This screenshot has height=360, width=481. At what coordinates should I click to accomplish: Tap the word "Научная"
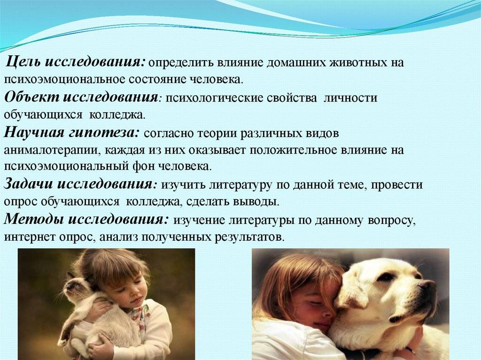pos(34,133)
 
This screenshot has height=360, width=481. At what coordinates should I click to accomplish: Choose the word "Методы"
pos(34,219)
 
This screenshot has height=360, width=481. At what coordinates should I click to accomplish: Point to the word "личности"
pos(350,98)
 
